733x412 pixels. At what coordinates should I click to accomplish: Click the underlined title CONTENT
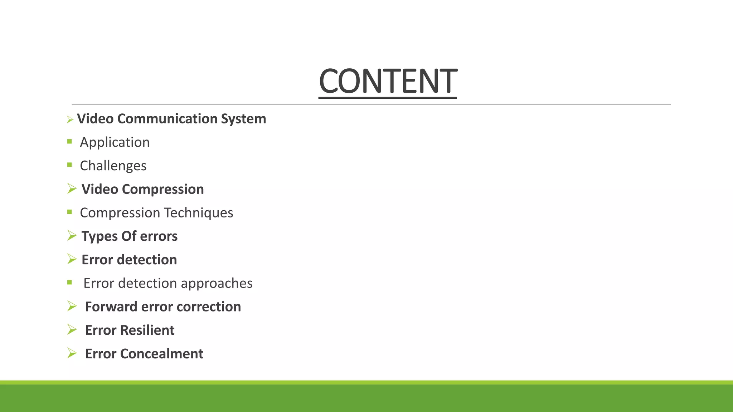pyautogui.click(x=388, y=81)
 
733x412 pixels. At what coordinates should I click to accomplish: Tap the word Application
pyautogui.click(x=115, y=142)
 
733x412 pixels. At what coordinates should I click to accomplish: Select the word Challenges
pyautogui.click(x=113, y=166)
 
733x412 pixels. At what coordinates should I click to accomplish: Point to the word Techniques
pyautogui.click(x=199, y=213)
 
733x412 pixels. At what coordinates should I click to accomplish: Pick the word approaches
pyautogui.click(x=217, y=283)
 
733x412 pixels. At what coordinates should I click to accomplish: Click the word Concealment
pyautogui.click(x=161, y=354)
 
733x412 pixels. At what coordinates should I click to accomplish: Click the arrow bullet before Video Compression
pyautogui.click(x=72, y=188)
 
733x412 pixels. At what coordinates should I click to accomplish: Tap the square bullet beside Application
pyautogui.click(x=69, y=142)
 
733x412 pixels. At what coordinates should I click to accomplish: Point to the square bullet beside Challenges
pyautogui.click(x=69, y=165)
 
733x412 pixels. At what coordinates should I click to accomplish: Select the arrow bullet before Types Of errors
pyautogui.click(x=72, y=235)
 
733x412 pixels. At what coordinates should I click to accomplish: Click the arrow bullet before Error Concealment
pyautogui.click(x=72, y=353)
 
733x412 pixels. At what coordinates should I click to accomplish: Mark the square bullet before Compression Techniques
pyautogui.click(x=69, y=212)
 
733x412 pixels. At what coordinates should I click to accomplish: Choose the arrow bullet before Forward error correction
pyautogui.click(x=72, y=306)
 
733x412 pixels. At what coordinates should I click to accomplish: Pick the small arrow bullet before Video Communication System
pyautogui.click(x=70, y=120)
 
